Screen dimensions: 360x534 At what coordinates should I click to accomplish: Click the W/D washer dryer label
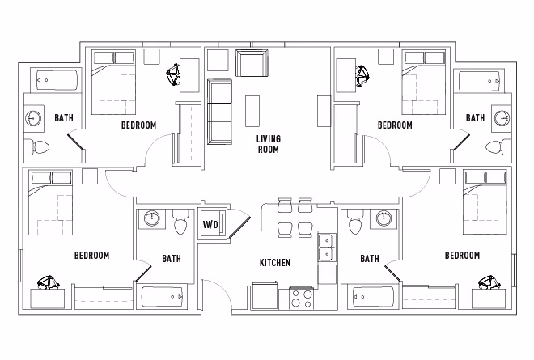pyautogui.click(x=210, y=224)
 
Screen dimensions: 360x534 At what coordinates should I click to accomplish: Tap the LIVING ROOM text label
pyautogui.click(x=268, y=144)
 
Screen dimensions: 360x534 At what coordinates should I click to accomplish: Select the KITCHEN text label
pyautogui.click(x=274, y=263)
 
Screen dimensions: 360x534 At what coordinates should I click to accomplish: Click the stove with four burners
pyautogui.click(x=301, y=298)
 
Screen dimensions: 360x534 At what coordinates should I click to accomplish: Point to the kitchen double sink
pyautogui.click(x=327, y=248)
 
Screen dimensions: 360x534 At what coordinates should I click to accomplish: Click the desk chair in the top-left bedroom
pyautogui.click(x=173, y=75)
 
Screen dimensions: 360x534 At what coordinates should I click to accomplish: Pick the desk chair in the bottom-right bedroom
pyautogui.click(x=488, y=282)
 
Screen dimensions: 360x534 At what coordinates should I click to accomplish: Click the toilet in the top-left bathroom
pyautogui.click(x=36, y=146)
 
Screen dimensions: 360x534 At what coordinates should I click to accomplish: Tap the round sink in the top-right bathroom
pyautogui.click(x=501, y=118)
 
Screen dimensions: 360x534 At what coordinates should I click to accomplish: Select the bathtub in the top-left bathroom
pyautogui.click(x=56, y=80)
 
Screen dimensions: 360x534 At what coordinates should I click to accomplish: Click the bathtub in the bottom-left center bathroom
pyautogui.click(x=165, y=297)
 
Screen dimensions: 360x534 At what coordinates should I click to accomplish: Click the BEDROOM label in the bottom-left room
pyautogui.click(x=91, y=256)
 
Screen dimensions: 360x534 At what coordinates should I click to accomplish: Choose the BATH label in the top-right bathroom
pyautogui.click(x=475, y=118)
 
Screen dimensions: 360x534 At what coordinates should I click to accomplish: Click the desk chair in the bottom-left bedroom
pyautogui.click(x=48, y=283)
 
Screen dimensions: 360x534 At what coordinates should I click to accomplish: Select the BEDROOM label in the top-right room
pyautogui.click(x=395, y=125)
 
